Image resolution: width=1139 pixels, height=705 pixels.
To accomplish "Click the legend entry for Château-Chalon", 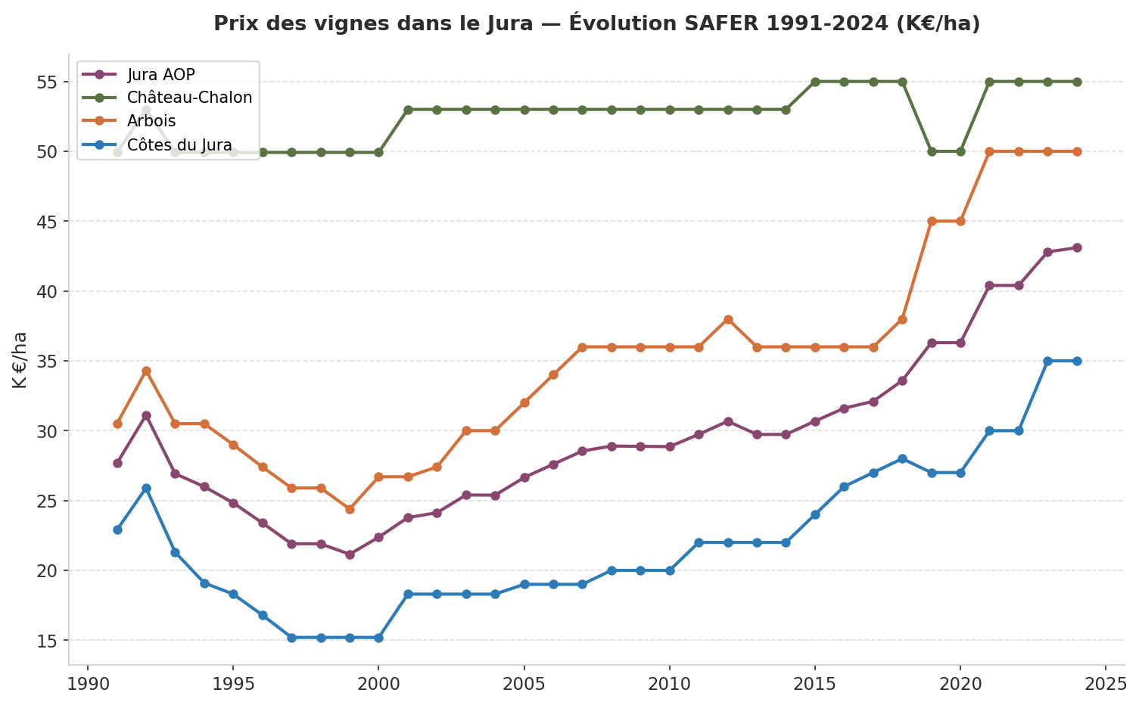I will point(189,98).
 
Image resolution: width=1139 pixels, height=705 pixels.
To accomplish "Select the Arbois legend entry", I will point(151,121).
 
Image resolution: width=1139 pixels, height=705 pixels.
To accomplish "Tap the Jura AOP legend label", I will point(160,74).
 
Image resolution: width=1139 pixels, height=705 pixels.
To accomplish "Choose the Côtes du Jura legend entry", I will point(179,145).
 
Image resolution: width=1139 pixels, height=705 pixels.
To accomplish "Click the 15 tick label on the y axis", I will point(47,641).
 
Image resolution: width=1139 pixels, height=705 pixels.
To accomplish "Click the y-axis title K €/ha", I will point(20,360).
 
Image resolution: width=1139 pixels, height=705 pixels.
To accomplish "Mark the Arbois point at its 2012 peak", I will point(728,319).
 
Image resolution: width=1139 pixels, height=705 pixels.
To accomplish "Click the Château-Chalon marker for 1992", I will point(146,110).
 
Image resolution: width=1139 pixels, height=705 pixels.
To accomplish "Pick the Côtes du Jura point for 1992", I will point(146,488).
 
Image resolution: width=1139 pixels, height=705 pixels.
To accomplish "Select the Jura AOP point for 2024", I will point(1077,247).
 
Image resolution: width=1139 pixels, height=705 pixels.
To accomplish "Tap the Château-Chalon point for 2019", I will point(932,151).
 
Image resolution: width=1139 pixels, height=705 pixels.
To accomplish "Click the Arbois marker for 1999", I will point(350,509).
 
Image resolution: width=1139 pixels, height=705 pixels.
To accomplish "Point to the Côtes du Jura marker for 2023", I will point(1047,361).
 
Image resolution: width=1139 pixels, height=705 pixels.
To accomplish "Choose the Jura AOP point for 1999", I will point(350,554).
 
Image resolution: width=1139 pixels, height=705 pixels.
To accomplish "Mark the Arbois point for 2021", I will point(989,151).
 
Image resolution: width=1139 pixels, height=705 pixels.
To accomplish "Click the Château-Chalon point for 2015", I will point(815,82).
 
